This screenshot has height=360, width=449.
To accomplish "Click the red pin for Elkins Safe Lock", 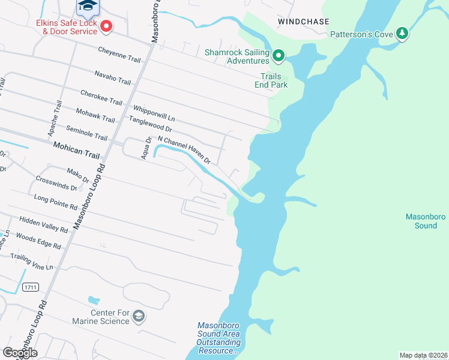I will (x=106, y=26).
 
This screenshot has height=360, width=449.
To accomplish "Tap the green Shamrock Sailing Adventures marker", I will (x=278, y=56).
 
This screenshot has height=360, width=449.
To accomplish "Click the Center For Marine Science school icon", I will (x=139, y=316).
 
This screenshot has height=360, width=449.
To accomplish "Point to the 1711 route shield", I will (x=31, y=287).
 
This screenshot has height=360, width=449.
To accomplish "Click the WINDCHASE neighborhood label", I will (x=303, y=22).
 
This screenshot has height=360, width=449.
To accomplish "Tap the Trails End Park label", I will (x=274, y=80).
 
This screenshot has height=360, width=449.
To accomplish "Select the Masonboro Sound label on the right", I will (x=421, y=221).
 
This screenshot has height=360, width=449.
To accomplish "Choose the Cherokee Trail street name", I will (x=101, y=98).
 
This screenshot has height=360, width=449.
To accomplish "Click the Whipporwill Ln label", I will (x=154, y=112).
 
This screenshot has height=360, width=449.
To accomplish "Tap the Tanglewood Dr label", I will (x=150, y=124).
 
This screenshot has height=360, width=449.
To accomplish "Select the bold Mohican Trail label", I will (x=76, y=150).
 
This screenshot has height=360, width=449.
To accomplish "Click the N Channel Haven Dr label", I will (x=184, y=150).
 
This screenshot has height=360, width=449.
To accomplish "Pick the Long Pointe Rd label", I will (x=56, y=202).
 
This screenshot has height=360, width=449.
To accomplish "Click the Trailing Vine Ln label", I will (x=32, y=261).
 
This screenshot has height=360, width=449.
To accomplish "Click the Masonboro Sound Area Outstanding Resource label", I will (x=218, y=338).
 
